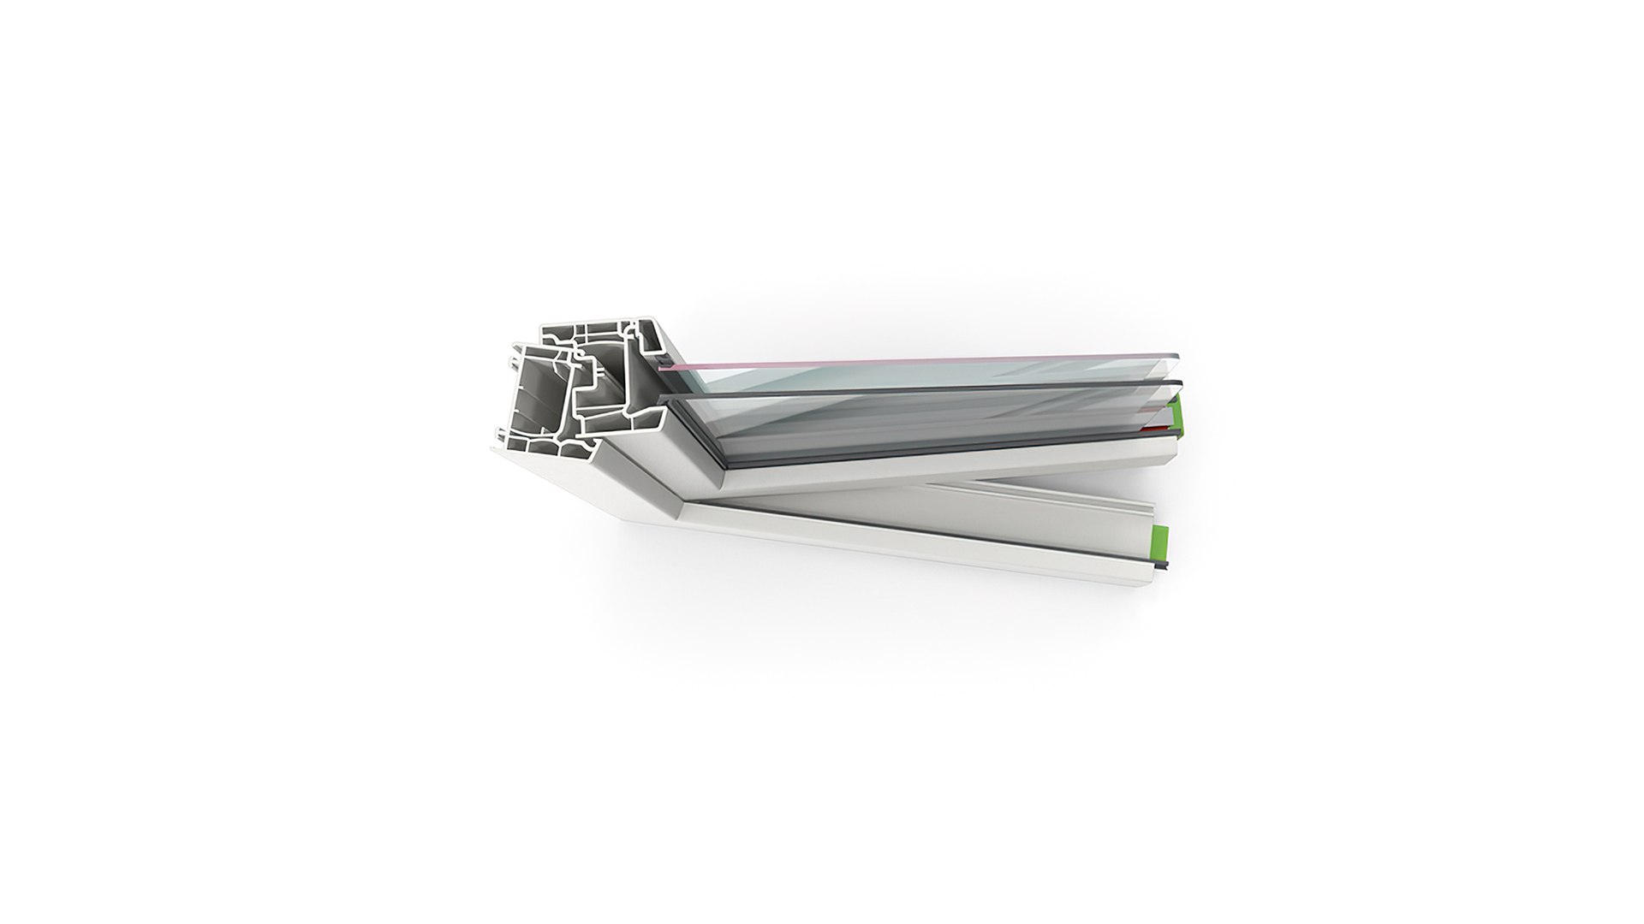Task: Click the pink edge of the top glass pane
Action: point(856,360)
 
